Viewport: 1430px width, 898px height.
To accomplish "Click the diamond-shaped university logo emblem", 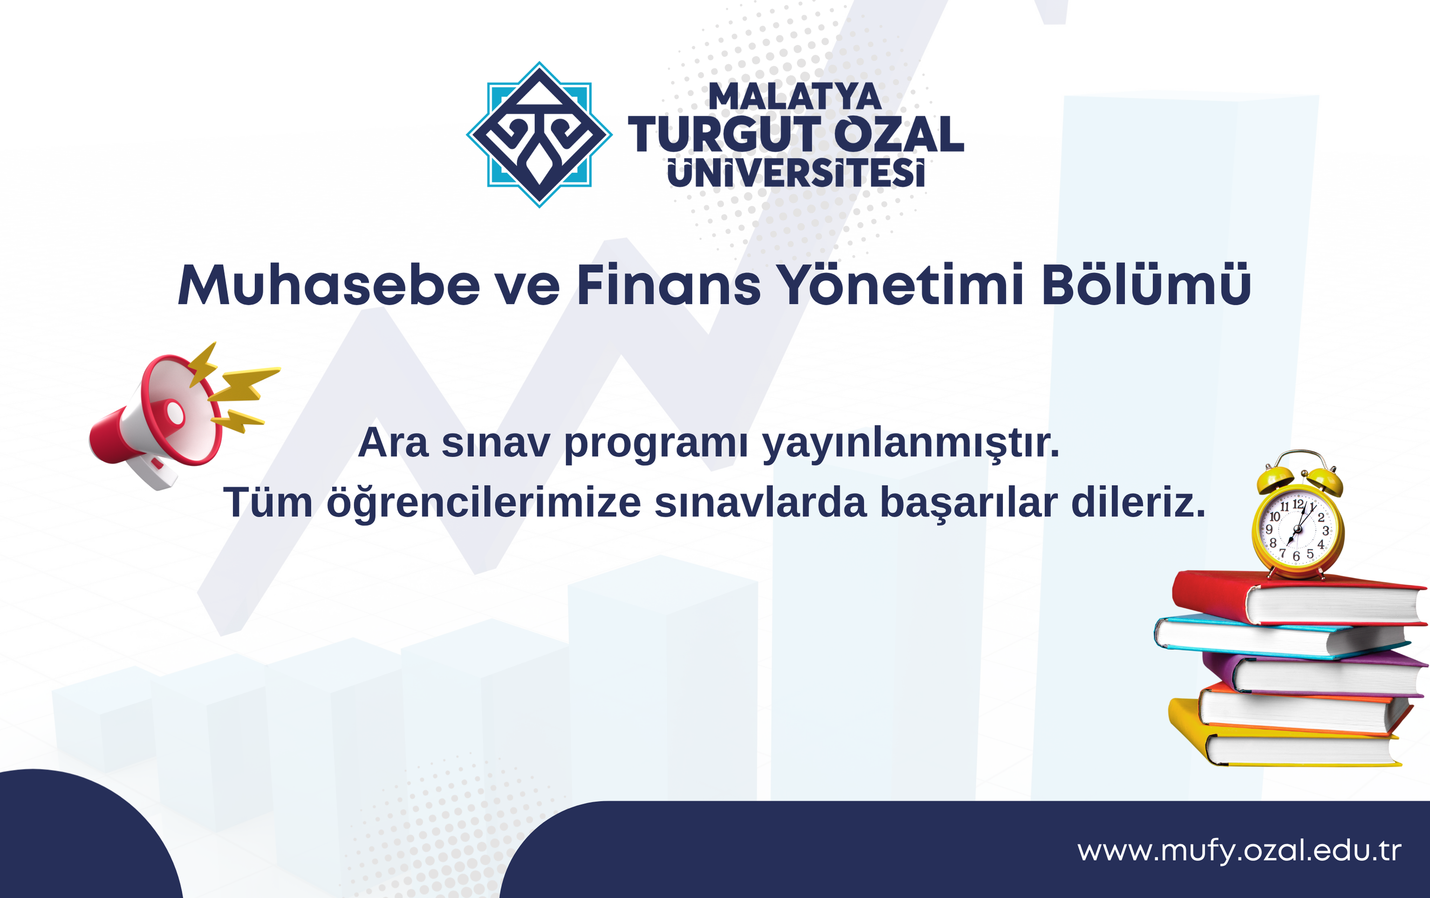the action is pyautogui.click(x=539, y=135).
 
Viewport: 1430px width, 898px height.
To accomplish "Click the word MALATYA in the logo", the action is pyautogui.click(x=795, y=96).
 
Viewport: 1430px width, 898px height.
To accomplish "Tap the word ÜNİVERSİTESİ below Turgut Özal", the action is pyautogui.click(x=796, y=173).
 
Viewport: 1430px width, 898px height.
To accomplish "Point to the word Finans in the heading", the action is pyautogui.click(x=669, y=285).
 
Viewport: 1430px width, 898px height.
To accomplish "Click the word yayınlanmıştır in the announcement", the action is pyautogui.click(x=911, y=444).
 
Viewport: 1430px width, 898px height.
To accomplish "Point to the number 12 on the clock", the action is pyautogui.click(x=1298, y=504).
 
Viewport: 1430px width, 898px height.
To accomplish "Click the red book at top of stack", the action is pyautogui.click(x=1298, y=597).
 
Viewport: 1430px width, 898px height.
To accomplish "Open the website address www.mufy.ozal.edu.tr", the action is pyautogui.click(x=1240, y=851).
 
